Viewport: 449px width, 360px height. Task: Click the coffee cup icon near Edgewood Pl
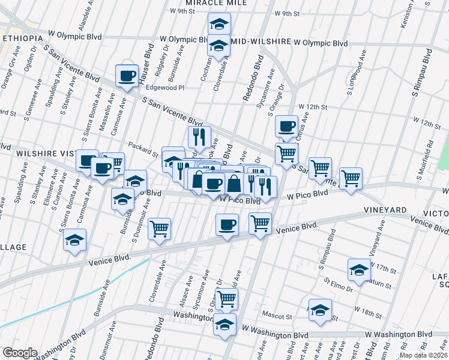coord(127,76)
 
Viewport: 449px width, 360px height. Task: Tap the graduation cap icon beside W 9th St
coord(219,24)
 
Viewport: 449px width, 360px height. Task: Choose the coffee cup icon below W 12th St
coord(286,126)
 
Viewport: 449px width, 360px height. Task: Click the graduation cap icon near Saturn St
coord(359,269)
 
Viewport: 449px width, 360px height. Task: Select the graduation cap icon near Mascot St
coord(320,310)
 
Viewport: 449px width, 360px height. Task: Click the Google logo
coord(19,353)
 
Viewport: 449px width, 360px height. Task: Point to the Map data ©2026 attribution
coord(424,355)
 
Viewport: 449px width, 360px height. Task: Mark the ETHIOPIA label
coord(22,38)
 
